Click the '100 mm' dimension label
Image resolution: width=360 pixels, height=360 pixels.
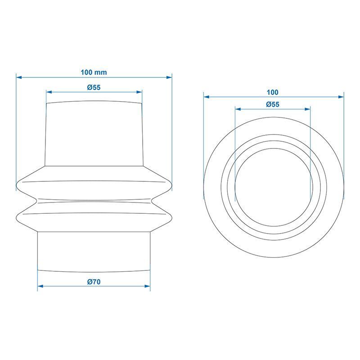(x=94, y=72)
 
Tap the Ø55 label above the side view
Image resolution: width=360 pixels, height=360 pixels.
(x=94, y=87)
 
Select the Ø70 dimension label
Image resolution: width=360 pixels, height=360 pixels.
(x=94, y=282)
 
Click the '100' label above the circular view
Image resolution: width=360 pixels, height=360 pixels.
(x=273, y=92)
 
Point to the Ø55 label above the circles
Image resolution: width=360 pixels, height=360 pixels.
(x=273, y=104)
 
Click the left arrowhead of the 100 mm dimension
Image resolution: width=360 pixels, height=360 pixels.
(x=19, y=77)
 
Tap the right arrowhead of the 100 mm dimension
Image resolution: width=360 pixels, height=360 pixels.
(x=169, y=77)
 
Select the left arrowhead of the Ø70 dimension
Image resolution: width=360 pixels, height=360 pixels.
(x=40, y=286)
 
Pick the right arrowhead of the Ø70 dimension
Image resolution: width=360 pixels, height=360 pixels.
(x=148, y=286)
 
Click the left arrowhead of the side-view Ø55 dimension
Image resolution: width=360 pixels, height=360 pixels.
(x=49, y=92)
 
